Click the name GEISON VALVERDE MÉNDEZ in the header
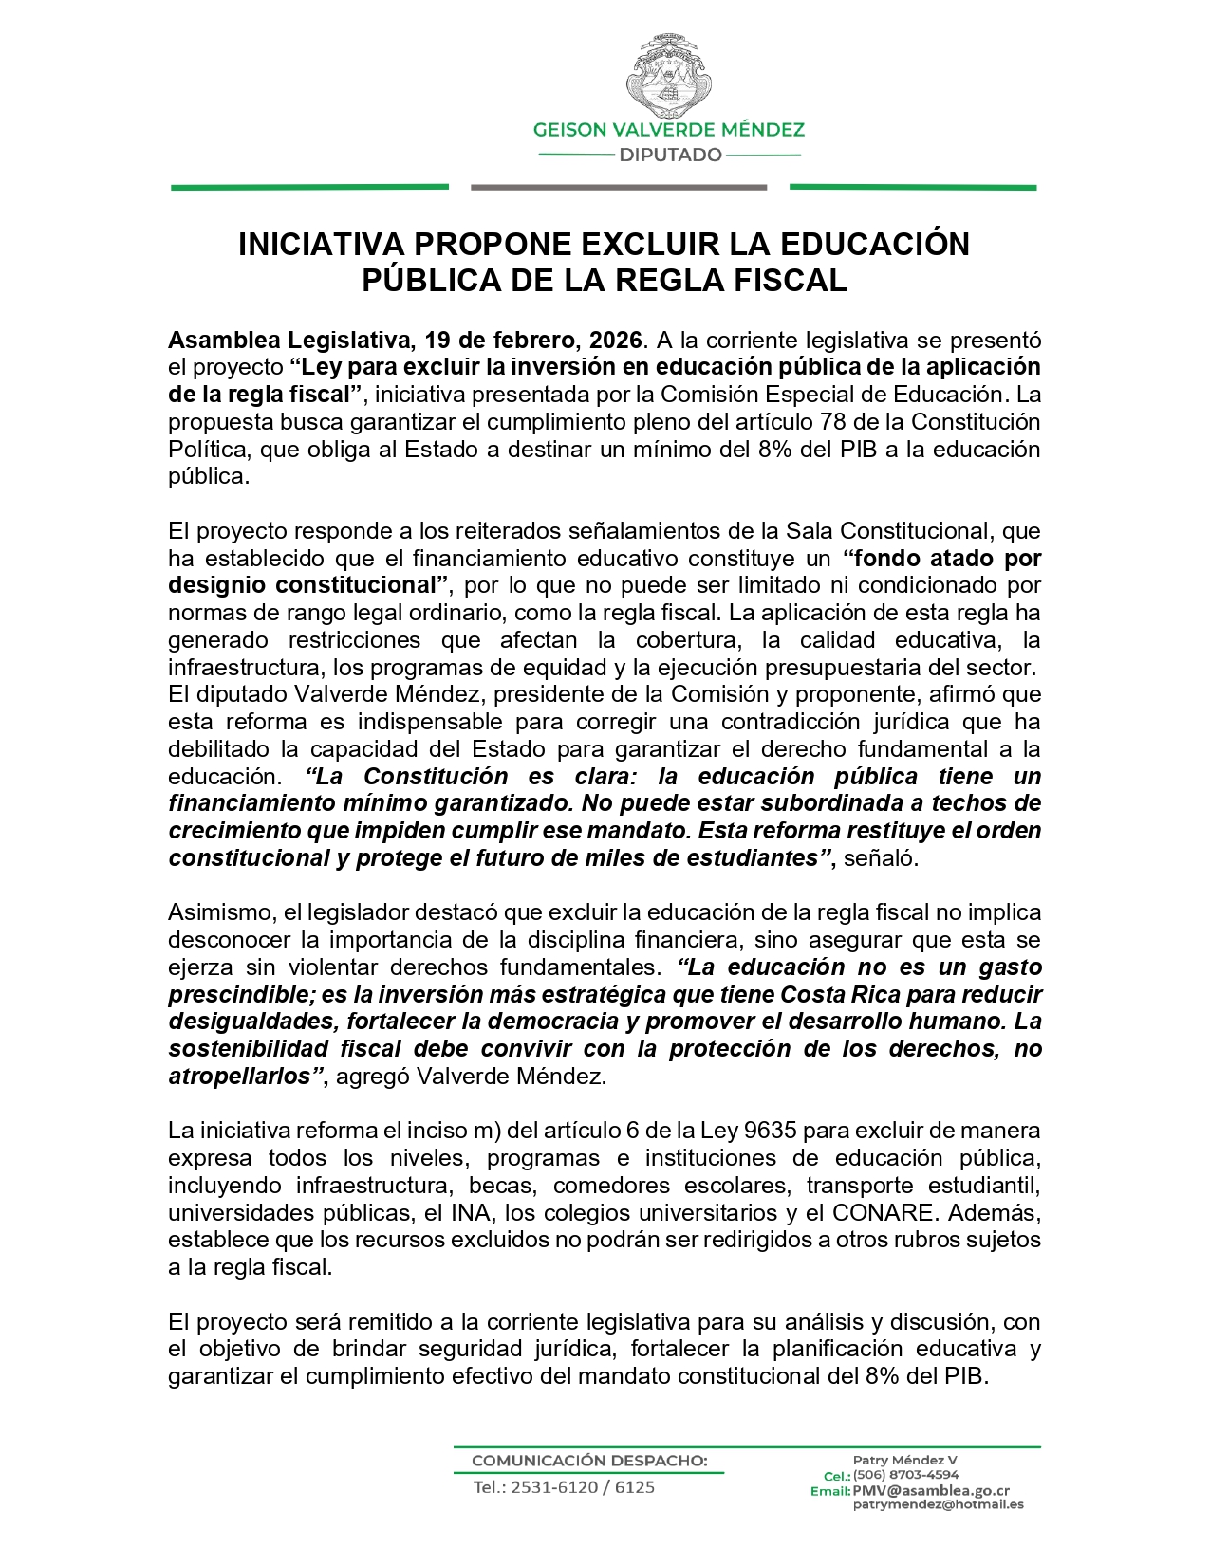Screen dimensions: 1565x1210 tap(669, 130)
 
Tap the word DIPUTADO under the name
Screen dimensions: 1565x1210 tap(670, 155)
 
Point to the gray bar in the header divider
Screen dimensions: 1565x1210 tap(618, 188)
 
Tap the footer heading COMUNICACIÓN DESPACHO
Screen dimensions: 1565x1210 tap(589, 1460)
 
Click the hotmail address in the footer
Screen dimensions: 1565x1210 tap(938, 1504)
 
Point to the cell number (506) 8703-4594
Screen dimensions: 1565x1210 tap(905, 1475)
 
